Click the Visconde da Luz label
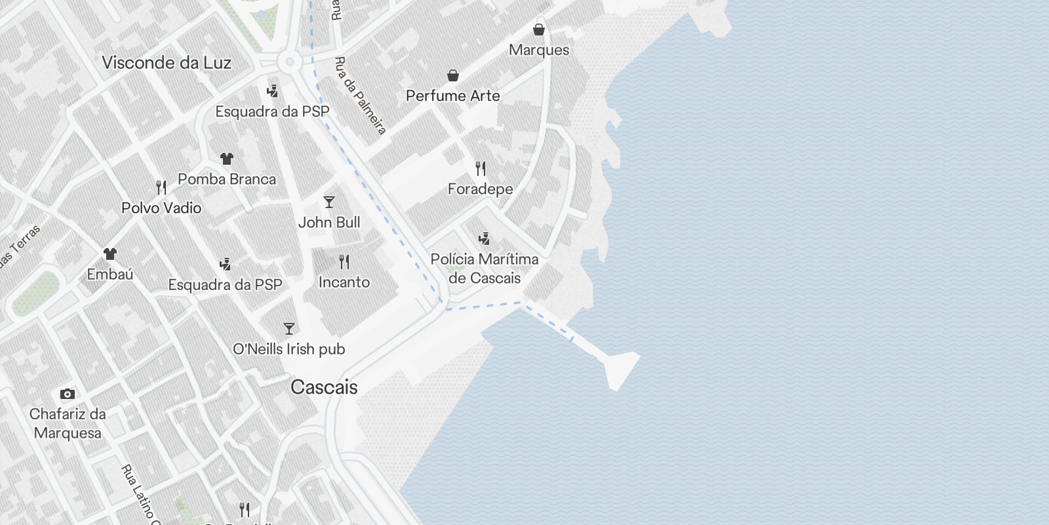click(167, 63)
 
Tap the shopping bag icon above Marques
click(539, 30)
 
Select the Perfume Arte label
click(452, 96)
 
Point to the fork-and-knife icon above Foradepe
click(481, 169)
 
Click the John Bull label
click(329, 222)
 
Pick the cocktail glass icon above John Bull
click(329, 202)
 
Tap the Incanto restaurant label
click(344, 282)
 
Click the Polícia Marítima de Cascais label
click(485, 268)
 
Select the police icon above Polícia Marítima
click(484, 238)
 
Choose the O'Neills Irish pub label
click(289, 349)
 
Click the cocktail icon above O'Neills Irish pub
click(289, 328)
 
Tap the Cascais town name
click(324, 387)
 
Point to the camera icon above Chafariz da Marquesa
click(67, 394)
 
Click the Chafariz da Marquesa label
click(68, 423)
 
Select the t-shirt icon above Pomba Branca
click(227, 159)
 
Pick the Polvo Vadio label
click(161, 208)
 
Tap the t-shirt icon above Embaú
click(110, 253)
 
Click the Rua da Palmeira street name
click(360, 96)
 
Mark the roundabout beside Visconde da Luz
click(288, 63)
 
